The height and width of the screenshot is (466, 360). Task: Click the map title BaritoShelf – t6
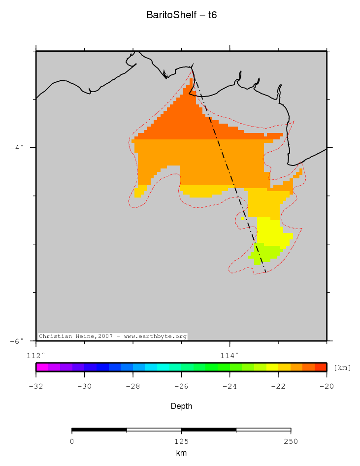tap(181, 15)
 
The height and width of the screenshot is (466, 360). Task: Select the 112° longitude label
tap(35, 355)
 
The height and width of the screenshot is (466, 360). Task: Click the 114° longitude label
tap(229, 355)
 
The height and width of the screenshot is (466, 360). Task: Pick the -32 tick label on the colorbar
tap(35, 386)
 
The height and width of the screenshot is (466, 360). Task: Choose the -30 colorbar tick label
tap(84, 386)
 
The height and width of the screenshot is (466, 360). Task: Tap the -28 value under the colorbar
tap(132, 386)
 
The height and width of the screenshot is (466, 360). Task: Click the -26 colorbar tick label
tap(181, 386)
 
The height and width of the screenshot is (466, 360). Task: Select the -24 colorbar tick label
tap(229, 386)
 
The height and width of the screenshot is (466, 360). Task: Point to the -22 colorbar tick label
tap(278, 386)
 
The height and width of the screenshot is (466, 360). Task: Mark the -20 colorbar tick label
tap(327, 386)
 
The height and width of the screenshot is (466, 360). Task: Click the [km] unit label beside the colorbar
tap(342, 367)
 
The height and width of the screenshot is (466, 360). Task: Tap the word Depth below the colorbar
tap(181, 406)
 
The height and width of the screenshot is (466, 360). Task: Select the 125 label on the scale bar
tap(181, 441)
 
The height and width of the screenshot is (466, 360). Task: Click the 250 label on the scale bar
tap(291, 441)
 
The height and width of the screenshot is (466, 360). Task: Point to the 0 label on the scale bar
tap(72, 441)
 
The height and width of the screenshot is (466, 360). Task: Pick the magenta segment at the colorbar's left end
tap(42, 367)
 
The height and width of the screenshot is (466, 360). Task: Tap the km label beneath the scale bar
tap(181, 453)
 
